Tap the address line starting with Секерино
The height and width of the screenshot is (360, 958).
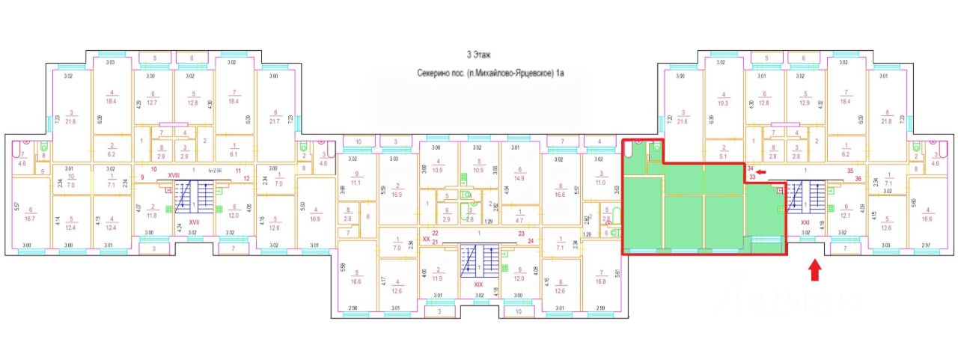click(490, 73)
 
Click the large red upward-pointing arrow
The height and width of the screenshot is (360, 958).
click(815, 270)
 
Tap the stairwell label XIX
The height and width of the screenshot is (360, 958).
click(480, 284)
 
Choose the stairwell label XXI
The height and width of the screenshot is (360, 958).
click(805, 222)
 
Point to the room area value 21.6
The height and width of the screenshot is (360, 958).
click(683, 122)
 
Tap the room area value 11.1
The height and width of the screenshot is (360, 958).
click(356, 182)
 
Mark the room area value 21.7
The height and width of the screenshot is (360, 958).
click(273, 122)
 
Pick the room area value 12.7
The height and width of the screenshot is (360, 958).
click(154, 103)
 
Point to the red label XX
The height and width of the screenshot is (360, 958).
click(427, 240)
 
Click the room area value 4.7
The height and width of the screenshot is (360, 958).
click(520, 221)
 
